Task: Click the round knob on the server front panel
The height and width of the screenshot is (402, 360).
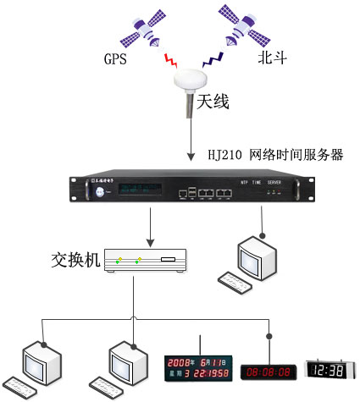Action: click(102, 193)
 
